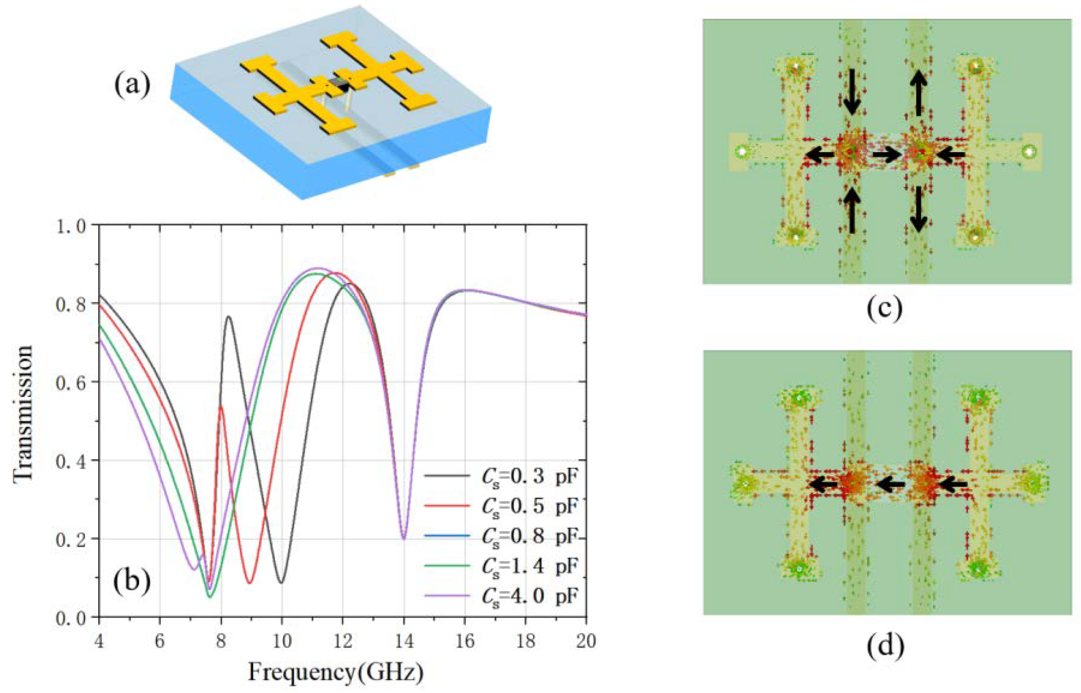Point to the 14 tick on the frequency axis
click(404, 641)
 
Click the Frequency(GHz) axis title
click(336, 673)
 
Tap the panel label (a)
click(132, 84)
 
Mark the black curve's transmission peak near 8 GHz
click(229, 317)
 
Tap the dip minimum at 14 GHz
click(404, 539)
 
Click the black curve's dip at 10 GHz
click(281, 583)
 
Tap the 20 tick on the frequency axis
click(586, 641)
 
